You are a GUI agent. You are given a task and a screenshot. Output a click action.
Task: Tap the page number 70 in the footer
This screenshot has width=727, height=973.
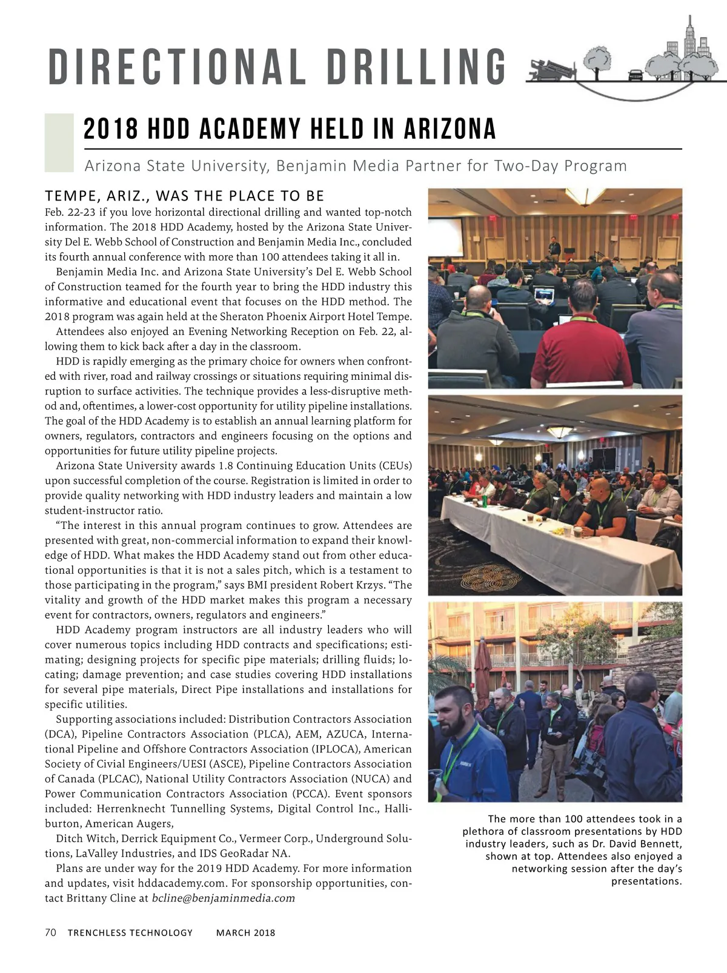point(51,932)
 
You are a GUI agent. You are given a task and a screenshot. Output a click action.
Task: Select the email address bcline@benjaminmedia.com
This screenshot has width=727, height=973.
point(223,898)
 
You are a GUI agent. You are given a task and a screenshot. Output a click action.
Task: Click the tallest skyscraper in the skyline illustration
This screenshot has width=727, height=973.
point(689,36)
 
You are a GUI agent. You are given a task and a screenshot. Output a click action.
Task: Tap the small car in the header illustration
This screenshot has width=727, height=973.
point(636,75)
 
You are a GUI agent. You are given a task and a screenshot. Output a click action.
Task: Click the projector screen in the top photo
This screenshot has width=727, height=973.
point(445,236)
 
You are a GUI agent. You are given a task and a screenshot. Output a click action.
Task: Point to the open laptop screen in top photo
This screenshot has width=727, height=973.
point(545,295)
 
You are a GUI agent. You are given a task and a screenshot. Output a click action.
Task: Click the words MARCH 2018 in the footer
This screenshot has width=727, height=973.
point(245,933)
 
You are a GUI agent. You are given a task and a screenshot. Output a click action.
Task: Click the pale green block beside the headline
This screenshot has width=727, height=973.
point(59,142)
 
